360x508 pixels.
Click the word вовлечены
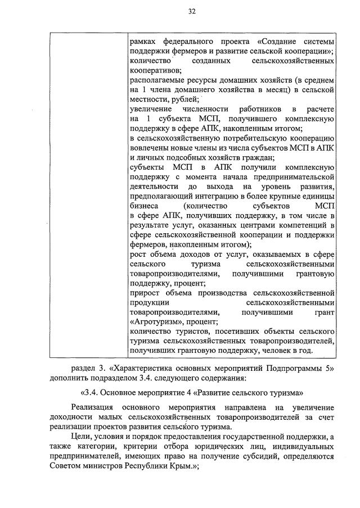point(148,147)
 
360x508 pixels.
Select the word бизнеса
point(145,205)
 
